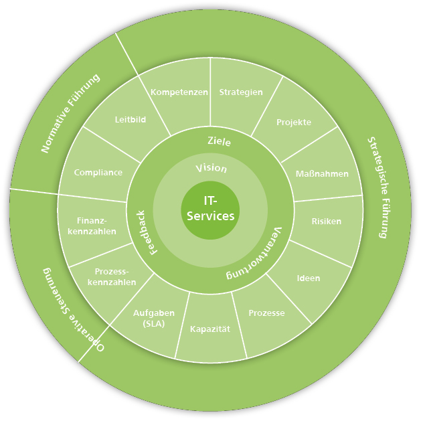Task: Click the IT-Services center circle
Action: (x=210, y=208)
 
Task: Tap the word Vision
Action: (x=211, y=168)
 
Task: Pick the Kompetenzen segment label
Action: (x=179, y=92)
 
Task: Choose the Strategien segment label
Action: (x=241, y=92)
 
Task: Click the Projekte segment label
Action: (x=294, y=122)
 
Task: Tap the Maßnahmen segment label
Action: (x=322, y=173)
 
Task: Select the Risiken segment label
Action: (x=327, y=221)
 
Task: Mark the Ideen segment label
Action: (x=309, y=278)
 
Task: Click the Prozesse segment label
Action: (x=266, y=313)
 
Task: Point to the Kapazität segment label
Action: (x=210, y=329)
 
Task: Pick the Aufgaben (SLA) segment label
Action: (x=153, y=318)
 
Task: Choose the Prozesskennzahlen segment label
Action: (x=112, y=277)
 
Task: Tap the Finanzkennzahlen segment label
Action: (x=96, y=226)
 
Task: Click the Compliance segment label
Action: (x=98, y=172)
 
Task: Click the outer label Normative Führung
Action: (x=70, y=113)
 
